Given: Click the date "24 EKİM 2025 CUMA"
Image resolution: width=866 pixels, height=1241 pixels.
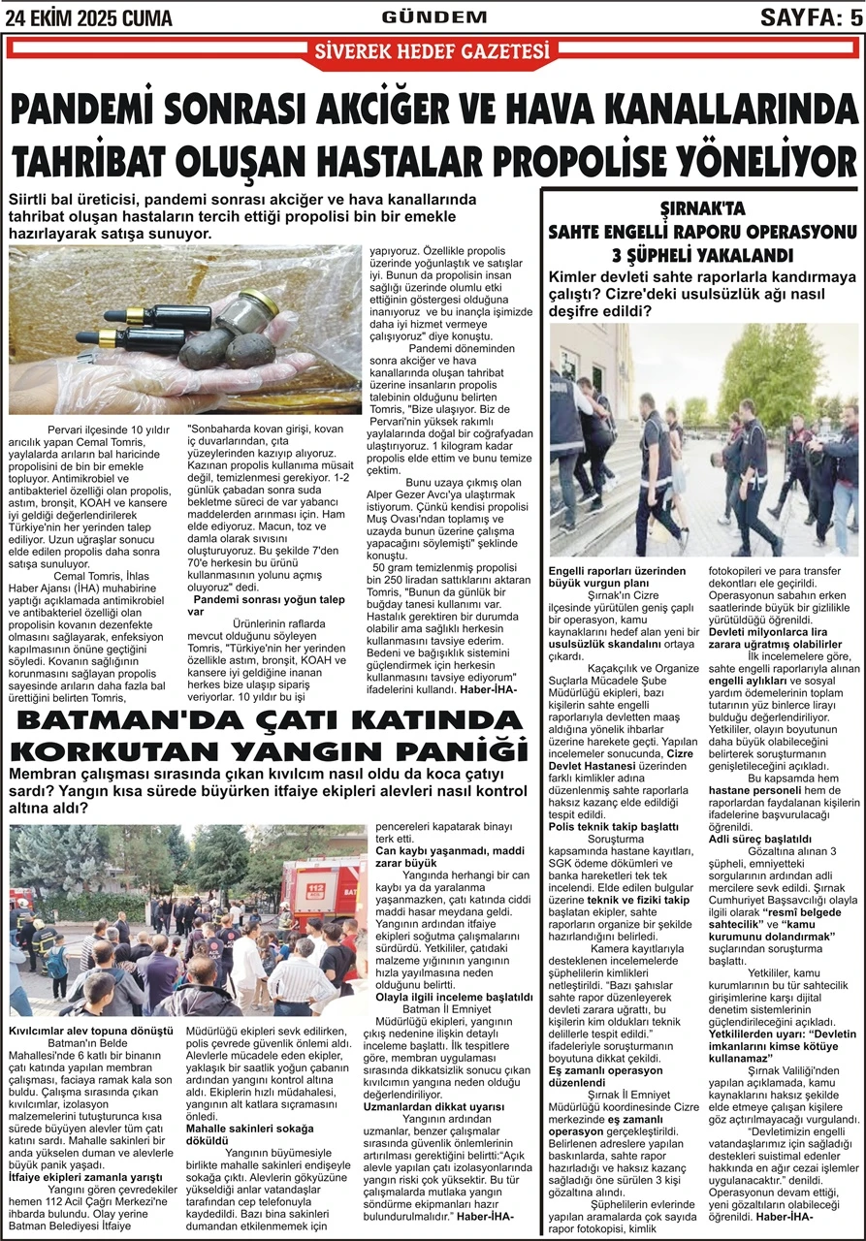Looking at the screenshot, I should click(89, 17).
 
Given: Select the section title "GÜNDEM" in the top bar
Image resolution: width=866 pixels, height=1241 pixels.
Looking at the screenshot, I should click(433, 16).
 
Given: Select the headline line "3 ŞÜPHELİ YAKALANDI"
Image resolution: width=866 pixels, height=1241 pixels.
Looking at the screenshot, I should click(703, 256).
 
